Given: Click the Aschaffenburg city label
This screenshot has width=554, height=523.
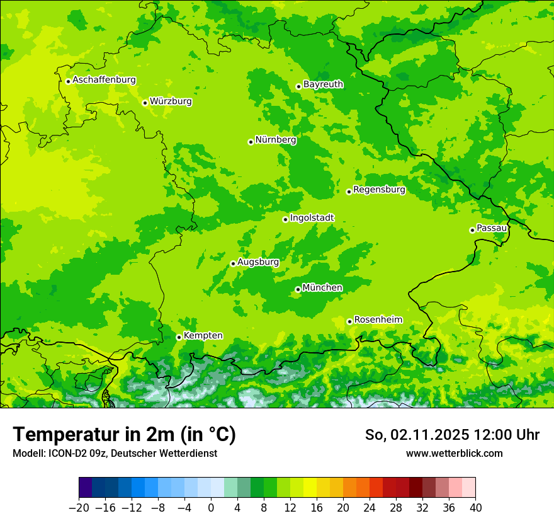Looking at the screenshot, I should tap(104, 80).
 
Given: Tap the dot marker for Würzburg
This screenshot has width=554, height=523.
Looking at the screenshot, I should tap(145, 103).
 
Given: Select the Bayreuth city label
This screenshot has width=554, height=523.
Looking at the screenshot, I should tap(323, 84).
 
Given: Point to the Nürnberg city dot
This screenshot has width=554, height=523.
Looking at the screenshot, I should tap(251, 142).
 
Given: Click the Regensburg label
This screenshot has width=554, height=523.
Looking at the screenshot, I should tap(379, 190).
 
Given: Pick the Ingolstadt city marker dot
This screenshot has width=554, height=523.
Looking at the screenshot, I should tap(285, 220).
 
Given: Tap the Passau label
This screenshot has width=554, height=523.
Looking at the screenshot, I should tap(492, 228).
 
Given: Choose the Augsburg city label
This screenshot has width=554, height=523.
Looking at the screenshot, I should tap(257, 262).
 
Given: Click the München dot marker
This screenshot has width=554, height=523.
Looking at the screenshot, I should tap(298, 290).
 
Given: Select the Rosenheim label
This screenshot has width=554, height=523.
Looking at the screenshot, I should tap(378, 320).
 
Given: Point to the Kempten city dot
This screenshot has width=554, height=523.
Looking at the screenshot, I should tap(179, 337).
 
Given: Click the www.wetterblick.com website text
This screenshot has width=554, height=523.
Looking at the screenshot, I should tap(454, 454).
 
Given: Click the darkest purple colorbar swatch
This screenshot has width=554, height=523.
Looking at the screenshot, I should tap(85, 488).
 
